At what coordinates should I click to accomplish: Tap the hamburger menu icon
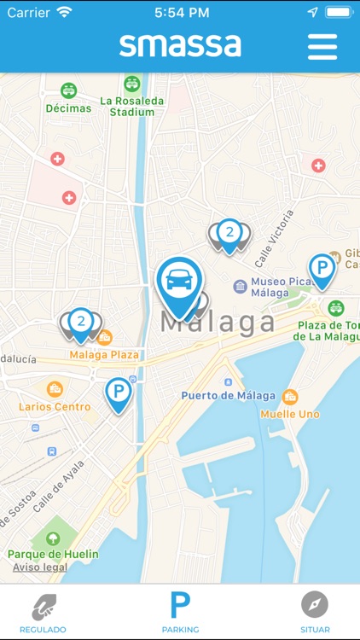tap(322, 45)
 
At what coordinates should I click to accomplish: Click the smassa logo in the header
tap(180, 44)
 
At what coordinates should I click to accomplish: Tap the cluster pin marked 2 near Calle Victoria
tap(229, 233)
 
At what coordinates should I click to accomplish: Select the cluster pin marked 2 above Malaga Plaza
tap(80, 323)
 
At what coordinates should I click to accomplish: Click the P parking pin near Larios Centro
tap(119, 393)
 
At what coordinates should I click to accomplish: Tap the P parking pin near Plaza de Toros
tap(322, 270)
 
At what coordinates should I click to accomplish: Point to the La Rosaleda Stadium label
tap(132, 106)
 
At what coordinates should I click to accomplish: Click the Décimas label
tap(68, 109)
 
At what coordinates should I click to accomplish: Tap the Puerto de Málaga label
tap(228, 395)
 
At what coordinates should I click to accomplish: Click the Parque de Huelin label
tap(53, 554)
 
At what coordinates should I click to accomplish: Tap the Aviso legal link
tap(40, 567)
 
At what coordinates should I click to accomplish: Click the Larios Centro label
tap(55, 407)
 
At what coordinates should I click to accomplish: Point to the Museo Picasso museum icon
tap(240, 286)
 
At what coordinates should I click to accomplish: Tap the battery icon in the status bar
tap(339, 13)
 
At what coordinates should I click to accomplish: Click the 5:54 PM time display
tap(181, 13)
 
